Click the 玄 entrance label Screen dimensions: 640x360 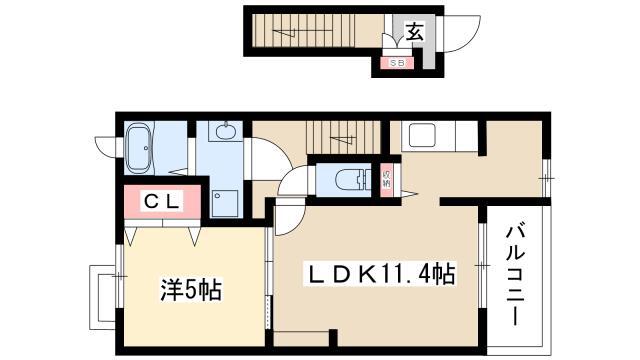click(414, 31)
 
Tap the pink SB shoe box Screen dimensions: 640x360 click(397, 63)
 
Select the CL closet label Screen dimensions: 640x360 click(161, 202)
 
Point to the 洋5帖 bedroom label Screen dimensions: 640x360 click(191, 290)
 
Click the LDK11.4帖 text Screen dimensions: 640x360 click(381, 274)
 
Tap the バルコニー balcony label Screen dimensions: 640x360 click(516, 276)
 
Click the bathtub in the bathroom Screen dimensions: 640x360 click(139, 147)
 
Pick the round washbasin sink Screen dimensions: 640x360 click(225, 132)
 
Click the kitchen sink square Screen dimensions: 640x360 click(420, 135)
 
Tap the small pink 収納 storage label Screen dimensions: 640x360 click(387, 179)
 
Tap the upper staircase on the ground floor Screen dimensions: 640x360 click(302, 31)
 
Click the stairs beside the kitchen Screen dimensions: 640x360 click(343, 137)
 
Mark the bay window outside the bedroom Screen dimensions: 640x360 click(102, 297)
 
